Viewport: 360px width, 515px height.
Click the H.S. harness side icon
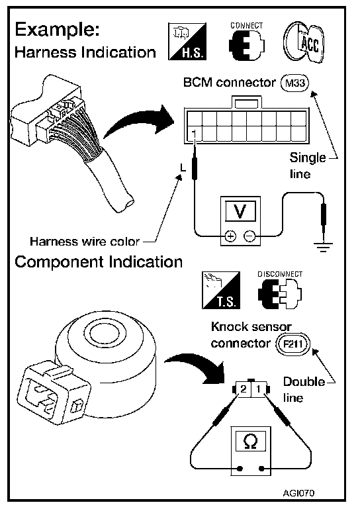coord(187,42)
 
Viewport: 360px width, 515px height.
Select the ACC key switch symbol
coord(304,42)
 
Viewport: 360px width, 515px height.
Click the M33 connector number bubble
coord(295,83)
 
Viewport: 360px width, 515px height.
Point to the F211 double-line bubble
coord(292,344)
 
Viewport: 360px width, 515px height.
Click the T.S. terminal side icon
coord(221,290)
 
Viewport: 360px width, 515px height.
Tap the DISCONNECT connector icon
coord(279,293)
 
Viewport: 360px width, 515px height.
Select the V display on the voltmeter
coord(240,211)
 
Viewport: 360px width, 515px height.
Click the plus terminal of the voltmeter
coord(230,236)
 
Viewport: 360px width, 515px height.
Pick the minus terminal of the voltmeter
coord(249,236)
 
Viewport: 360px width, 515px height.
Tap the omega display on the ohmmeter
coord(251,442)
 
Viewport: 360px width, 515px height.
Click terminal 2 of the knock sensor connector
coord(243,389)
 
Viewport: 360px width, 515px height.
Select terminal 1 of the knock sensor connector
coord(259,389)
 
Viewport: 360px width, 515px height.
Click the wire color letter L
coord(183,168)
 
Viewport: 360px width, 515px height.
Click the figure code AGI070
coord(298,493)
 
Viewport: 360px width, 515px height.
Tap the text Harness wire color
coord(85,242)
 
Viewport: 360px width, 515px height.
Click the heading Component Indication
coord(99,262)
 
